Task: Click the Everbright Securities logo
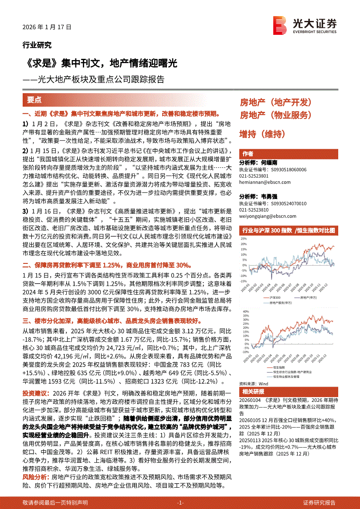tap(305, 24)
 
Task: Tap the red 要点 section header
tap(34, 100)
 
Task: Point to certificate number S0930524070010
tap(288, 203)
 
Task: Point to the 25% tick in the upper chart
tap(243, 239)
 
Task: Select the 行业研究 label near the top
tap(37, 44)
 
